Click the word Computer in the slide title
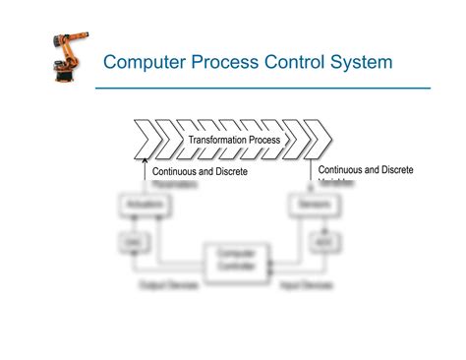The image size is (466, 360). (x=148, y=63)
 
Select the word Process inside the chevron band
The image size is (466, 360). (x=265, y=140)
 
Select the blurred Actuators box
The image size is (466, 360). (x=131, y=205)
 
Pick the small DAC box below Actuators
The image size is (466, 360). (x=130, y=242)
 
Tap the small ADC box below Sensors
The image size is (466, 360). (x=320, y=242)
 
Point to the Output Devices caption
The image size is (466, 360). (x=168, y=285)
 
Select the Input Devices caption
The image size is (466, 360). (x=301, y=285)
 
